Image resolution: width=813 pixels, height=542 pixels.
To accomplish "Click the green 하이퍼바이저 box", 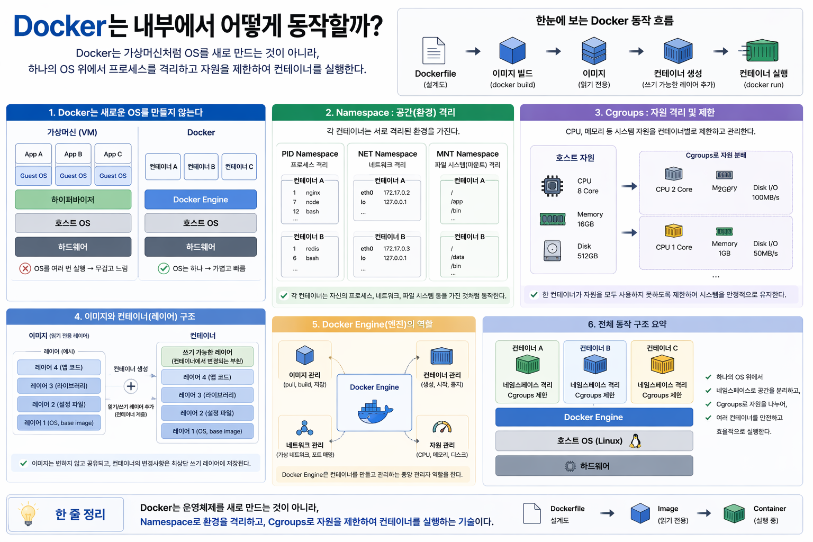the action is click(73, 200).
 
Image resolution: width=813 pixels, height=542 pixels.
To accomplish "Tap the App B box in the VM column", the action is click(73, 154).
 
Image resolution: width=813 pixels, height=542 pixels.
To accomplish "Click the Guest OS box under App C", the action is click(113, 176).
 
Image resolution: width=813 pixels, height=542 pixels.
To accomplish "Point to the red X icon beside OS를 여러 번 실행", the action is click(25, 268).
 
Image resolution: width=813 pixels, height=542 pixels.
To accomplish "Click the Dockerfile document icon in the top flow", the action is click(433, 51).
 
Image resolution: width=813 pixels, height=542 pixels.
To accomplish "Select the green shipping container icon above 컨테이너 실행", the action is click(762, 51).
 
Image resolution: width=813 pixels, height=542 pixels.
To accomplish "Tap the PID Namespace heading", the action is click(310, 154).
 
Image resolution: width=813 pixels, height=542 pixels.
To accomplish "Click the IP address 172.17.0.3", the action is click(396, 249).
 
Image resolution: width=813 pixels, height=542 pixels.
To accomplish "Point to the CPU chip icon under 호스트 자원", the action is click(552, 186).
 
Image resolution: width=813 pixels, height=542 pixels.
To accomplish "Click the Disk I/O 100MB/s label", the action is click(765, 193).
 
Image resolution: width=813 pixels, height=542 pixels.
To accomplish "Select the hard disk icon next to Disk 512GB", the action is click(552, 250).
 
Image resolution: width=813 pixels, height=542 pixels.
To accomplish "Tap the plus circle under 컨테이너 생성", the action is click(131, 386).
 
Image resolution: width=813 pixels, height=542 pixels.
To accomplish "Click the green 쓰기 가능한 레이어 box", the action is click(207, 356).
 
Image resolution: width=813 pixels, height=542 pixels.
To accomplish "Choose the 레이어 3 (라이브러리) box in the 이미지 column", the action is click(59, 386).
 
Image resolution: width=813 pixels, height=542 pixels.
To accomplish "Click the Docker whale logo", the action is click(375, 412).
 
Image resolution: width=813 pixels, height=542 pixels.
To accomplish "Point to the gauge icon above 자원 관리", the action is click(442, 427).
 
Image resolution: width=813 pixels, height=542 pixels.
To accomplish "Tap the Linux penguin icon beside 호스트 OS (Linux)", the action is click(635, 441).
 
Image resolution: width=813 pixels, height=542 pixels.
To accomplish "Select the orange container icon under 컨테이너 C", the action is click(662, 365).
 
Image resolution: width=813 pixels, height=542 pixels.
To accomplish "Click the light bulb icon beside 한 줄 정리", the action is click(28, 514).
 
